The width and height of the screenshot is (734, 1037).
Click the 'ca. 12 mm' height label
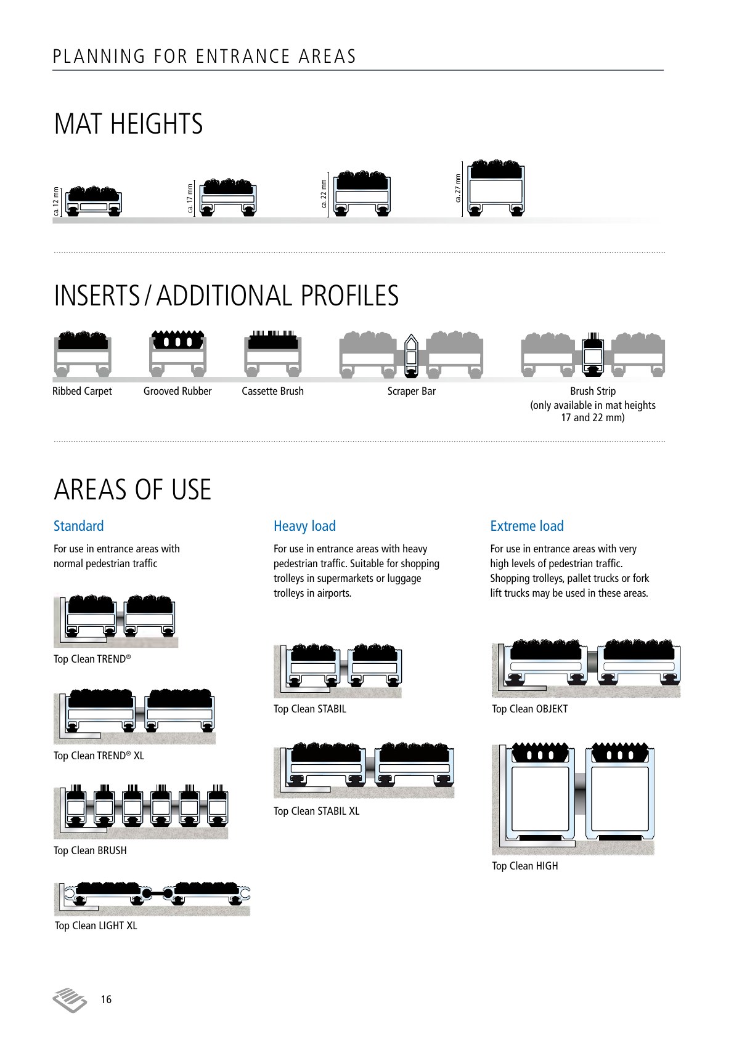coord(56,201)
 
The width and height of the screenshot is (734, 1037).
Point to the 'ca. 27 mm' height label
coord(458,188)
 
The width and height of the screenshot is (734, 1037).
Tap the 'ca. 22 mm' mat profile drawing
coord(362,193)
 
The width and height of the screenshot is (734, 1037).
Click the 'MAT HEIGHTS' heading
coord(128,124)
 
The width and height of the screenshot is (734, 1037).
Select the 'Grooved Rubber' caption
coord(177,391)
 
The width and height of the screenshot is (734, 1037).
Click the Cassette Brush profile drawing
coord(273,353)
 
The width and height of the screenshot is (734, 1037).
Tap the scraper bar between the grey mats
coord(411,355)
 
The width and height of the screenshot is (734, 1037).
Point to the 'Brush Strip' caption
coord(593,391)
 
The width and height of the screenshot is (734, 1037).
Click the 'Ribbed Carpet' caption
coord(82,391)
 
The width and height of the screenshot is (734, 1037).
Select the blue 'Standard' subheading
coord(79,526)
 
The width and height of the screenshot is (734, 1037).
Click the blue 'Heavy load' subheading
coord(304,526)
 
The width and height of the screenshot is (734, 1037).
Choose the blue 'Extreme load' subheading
coord(527,526)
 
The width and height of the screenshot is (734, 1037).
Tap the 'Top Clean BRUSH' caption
coord(90,850)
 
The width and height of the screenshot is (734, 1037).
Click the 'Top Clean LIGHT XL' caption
coord(96,926)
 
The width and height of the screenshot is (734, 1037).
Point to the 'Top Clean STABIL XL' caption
coord(317,811)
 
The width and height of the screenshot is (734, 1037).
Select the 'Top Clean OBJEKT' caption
coord(529,709)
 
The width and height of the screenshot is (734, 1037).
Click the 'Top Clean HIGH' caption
coord(525,866)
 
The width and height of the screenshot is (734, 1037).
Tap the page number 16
coord(106,999)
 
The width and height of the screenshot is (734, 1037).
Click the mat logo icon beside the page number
coord(70,999)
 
